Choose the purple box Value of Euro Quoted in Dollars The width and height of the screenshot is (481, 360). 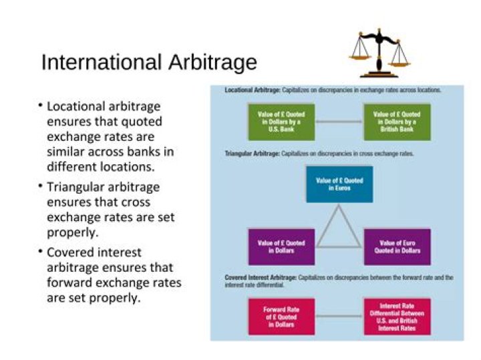tap(397, 246)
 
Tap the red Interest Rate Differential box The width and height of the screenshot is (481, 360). tap(397, 317)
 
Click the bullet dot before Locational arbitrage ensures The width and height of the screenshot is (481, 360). tap(39, 106)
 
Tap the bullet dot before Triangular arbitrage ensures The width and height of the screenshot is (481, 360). tap(39, 185)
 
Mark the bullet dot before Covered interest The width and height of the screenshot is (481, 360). tap(39, 251)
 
